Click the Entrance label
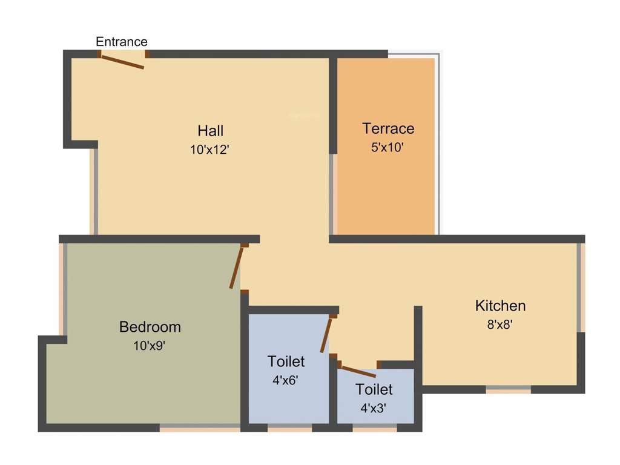(122, 42)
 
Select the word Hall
(210, 130)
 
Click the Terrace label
(388, 128)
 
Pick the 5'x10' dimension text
(387, 147)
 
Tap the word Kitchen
(500, 305)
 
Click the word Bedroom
(150, 327)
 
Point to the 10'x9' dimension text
(150, 346)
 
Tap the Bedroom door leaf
(237, 267)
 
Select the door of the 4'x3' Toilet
(358, 371)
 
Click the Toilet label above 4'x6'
(286, 361)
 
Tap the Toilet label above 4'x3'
(374, 389)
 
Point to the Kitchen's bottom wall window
(509, 389)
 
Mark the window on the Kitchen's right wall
(581, 287)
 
